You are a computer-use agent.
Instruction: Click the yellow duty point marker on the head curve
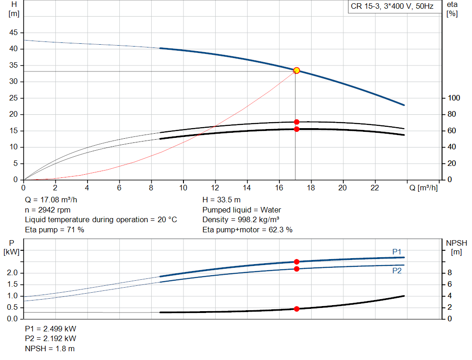(296, 71)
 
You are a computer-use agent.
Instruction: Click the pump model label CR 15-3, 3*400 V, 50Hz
(392, 7)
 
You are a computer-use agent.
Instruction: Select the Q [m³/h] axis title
(423, 188)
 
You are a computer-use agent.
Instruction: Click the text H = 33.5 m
(221, 200)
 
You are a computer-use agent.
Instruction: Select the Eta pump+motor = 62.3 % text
(248, 230)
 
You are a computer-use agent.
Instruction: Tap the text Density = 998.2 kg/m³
(241, 219)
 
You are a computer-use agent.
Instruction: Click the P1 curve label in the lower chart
(397, 252)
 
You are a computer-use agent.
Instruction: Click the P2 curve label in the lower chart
(397, 271)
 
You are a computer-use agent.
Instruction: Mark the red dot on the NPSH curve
(296, 309)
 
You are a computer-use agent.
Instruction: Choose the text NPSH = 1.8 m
(50, 348)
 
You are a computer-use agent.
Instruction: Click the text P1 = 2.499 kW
(51, 329)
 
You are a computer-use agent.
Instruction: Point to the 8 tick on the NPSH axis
(450, 273)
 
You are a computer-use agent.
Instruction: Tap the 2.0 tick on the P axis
(12, 273)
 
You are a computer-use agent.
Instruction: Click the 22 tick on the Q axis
(375, 188)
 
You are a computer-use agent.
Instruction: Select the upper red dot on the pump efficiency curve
(296, 122)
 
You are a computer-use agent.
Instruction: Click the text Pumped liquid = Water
(242, 210)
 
